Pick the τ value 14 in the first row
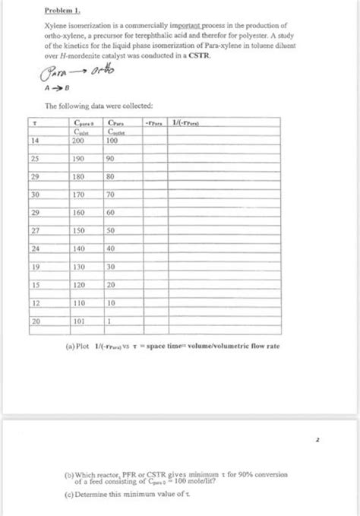[34, 141]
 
